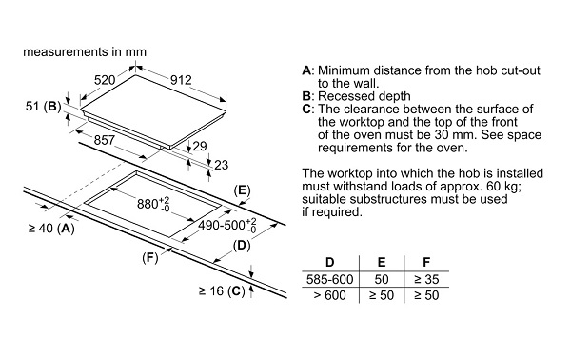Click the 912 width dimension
tap(181, 80)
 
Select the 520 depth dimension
tap(105, 80)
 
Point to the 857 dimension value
tap(105, 140)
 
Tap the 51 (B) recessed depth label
tap(44, 106)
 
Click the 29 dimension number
tap(200, 146)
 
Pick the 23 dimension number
tap(221, 165)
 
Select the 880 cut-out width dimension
tap(153, 204)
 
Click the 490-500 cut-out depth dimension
tap(227, 225)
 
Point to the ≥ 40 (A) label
tap(51, 229)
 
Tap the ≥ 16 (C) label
tap(222, 290)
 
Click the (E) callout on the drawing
tap(242, 190)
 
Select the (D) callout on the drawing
tap(242, 246)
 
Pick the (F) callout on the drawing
tap(150, 258)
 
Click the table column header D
tap(329, 262)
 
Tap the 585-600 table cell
tap(330, 279)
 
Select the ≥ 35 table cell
tap(426, 279)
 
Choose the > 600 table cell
tap(330, 295)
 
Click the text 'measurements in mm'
tap(85, 52)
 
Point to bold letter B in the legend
tap(307, 96)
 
